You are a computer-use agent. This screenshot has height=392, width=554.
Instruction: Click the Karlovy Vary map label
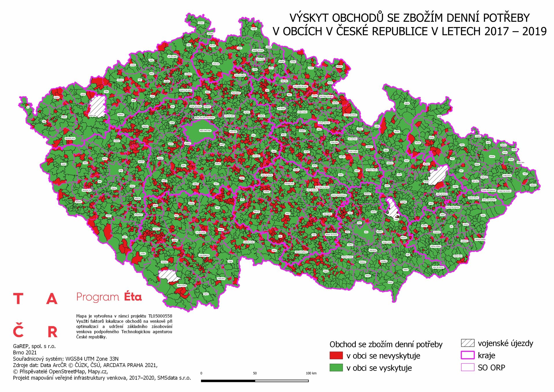pos(92,115)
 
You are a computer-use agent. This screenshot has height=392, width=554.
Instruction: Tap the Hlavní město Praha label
pos(205,130)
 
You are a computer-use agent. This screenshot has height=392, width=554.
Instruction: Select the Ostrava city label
pos(492,156)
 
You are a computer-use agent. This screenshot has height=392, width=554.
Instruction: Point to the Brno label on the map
pos(366,232)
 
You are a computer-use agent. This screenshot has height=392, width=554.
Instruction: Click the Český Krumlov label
pos(182,285)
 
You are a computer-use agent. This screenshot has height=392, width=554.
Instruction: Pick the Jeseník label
pos(407,103)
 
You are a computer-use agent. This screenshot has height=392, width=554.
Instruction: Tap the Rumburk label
pos(201,23)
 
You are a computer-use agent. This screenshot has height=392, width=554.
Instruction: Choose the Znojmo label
pos(326,271)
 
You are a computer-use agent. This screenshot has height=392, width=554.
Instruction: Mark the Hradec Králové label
pos(302,112)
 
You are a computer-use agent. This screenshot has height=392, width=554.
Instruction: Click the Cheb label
pos(44,122)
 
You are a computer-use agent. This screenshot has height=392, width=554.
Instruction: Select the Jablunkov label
pos(533,185)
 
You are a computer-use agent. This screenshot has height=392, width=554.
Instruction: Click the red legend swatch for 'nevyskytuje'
pos(336,355)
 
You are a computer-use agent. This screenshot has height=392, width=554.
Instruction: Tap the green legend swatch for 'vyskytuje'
pos(336,367)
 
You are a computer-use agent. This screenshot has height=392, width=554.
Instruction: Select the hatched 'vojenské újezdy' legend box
pos(467,343)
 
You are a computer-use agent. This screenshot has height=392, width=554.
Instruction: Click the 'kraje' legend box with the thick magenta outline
pos(467,355)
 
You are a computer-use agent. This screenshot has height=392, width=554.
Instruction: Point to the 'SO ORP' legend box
pos(467,367)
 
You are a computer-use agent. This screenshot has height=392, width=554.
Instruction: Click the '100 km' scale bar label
pos(311,373)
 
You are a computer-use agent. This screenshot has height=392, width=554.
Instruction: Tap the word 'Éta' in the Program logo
pos(133,297)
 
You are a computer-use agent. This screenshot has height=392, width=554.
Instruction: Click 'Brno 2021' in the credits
pos(25,352)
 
